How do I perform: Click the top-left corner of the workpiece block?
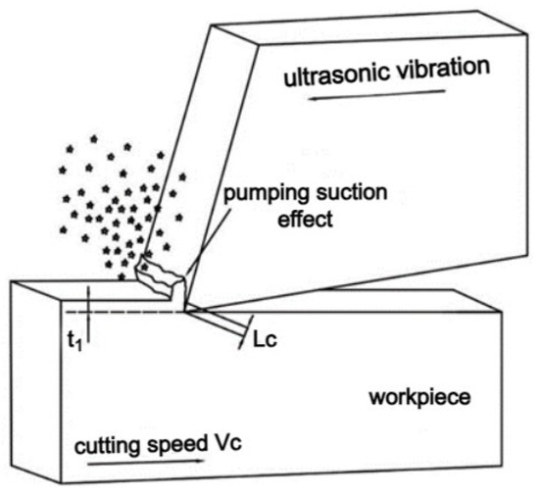tap(12, 282)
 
